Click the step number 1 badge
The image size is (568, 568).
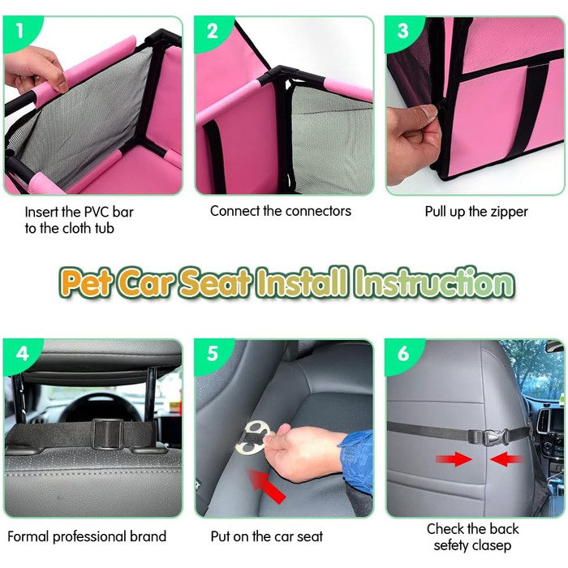[20, 31]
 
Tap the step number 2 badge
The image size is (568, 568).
[212, 31]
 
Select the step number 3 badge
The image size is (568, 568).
[402, 31]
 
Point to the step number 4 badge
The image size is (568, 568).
[22, 354]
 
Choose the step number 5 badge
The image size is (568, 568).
[213, 354]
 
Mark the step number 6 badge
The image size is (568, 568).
[402, 354]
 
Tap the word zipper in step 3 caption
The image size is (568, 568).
[509, 213]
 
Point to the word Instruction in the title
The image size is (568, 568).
[434, 282]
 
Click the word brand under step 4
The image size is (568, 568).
[148, 536]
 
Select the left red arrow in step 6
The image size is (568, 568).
[454, 459]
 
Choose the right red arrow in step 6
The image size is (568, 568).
[507, 459]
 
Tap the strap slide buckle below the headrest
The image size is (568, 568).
[107, 433]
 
